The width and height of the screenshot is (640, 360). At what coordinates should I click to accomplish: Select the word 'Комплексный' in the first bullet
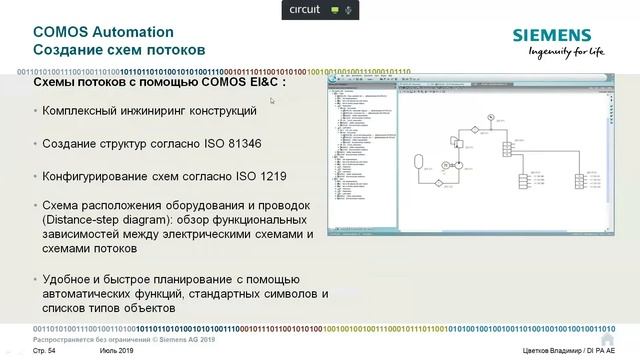[x=87, y=112]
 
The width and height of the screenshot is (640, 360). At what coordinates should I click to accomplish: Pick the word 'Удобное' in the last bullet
[x=73, y=279]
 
